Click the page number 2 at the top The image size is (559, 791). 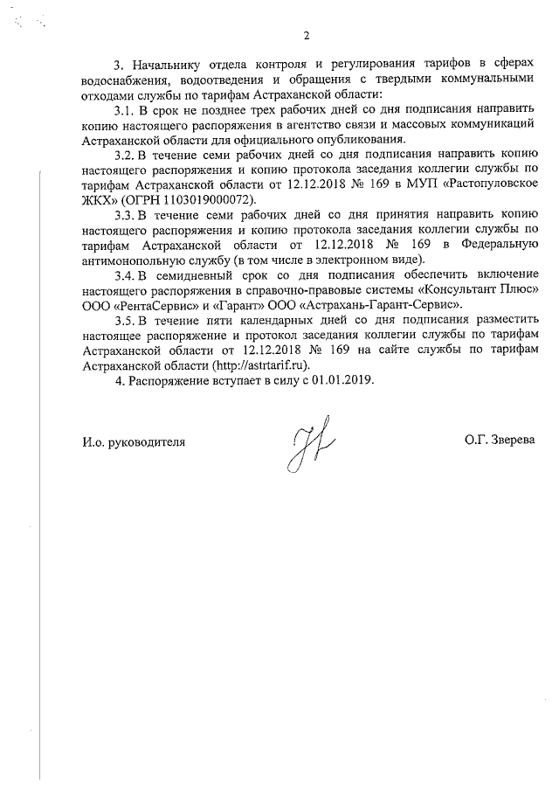click(x=306, y=36)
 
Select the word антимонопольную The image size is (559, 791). click(x=131, y=260)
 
